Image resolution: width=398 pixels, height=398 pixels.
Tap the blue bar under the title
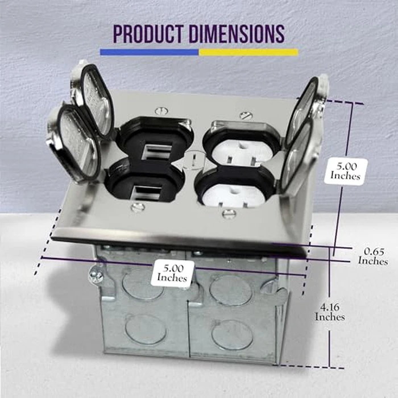point(149,52)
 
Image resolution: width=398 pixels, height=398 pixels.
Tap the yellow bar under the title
point(248,52)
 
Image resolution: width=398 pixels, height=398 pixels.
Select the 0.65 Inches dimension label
point(373,256)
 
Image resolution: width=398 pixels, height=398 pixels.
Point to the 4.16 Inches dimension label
point(330,312)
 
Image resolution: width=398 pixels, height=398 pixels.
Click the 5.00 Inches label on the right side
point(346,171)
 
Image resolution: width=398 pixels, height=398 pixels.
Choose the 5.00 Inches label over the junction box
point(172,273)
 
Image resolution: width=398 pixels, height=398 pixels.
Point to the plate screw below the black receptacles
point(138,208)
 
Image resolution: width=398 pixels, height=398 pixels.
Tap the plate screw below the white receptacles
point(229,214)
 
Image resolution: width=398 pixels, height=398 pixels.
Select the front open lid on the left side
point(74,142)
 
